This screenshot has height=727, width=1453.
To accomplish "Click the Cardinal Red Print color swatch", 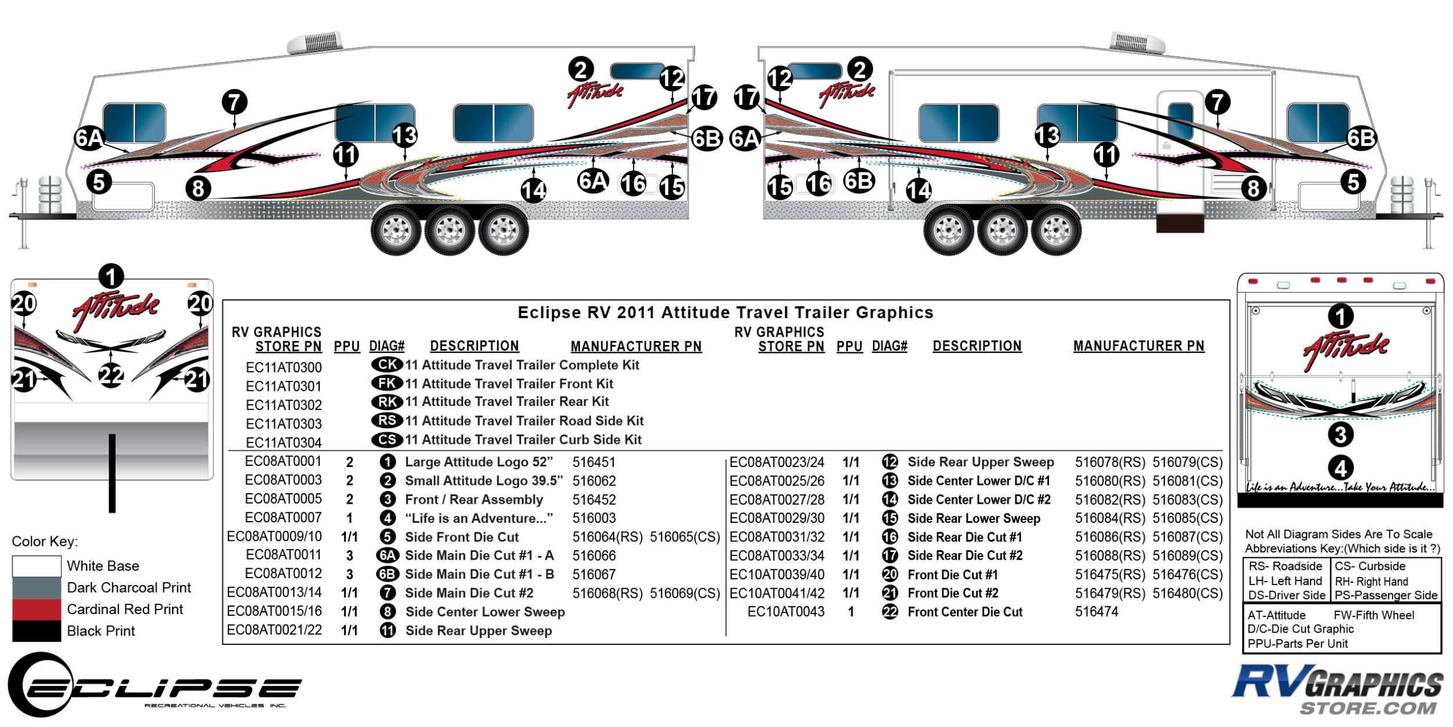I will click(x=36, y=610).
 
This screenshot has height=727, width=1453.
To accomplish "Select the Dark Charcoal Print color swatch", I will click(x=36, y=587).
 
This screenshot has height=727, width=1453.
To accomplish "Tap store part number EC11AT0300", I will click(x=284, y=368).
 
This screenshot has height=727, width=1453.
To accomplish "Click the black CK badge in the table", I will click(x=387, y=365).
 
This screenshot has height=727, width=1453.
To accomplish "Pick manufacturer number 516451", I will click(x=594, y=462).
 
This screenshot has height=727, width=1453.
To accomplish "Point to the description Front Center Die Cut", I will click(x=965, y=612).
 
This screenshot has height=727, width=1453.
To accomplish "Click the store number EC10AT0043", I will click(x=786, y=612).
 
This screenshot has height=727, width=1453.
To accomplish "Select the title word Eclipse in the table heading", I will click(x=549, y=313).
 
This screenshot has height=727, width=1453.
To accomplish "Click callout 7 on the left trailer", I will click(x=235, y=102).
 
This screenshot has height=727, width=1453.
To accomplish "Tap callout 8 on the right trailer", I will click(x=1253, y=188).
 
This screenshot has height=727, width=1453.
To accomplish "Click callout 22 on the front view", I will click(x=111, y=375).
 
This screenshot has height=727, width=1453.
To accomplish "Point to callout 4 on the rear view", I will click(x=1341, y=468).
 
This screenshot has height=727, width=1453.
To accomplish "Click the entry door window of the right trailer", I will click(x=1180, y=119).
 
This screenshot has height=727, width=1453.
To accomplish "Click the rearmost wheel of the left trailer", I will click(x=503, y=231).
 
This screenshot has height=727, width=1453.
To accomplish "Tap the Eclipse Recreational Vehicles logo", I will click(x=154, y=686).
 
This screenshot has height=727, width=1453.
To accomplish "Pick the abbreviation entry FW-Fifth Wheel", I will click(x=1374, y=615).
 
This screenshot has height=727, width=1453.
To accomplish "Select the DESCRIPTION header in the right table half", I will click(x=977, y=346).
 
